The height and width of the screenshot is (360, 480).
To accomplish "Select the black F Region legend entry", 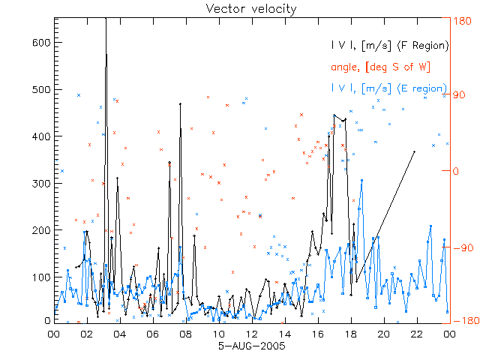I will [389, 46].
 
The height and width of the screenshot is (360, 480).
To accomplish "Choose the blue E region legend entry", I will [389, 88].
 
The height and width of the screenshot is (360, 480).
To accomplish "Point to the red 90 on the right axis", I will [460, 96].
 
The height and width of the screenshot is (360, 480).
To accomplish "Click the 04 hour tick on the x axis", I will [120, 334].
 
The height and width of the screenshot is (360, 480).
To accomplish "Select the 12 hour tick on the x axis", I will [251, 334].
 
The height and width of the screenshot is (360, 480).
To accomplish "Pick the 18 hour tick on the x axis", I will [350, 334].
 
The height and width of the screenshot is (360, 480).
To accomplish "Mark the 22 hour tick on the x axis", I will [416, 334].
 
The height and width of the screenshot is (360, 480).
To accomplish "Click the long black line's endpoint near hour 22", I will [414, 151].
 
